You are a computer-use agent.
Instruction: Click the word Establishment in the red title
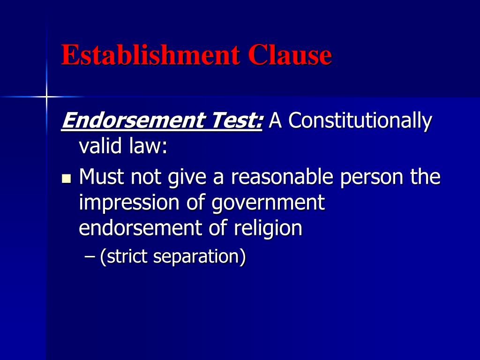(x=150, y=55)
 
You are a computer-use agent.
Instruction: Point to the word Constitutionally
(x=360, y=121)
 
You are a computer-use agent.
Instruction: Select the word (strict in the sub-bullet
(x=124, y=257)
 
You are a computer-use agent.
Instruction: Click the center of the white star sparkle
(x=46, y=97)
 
